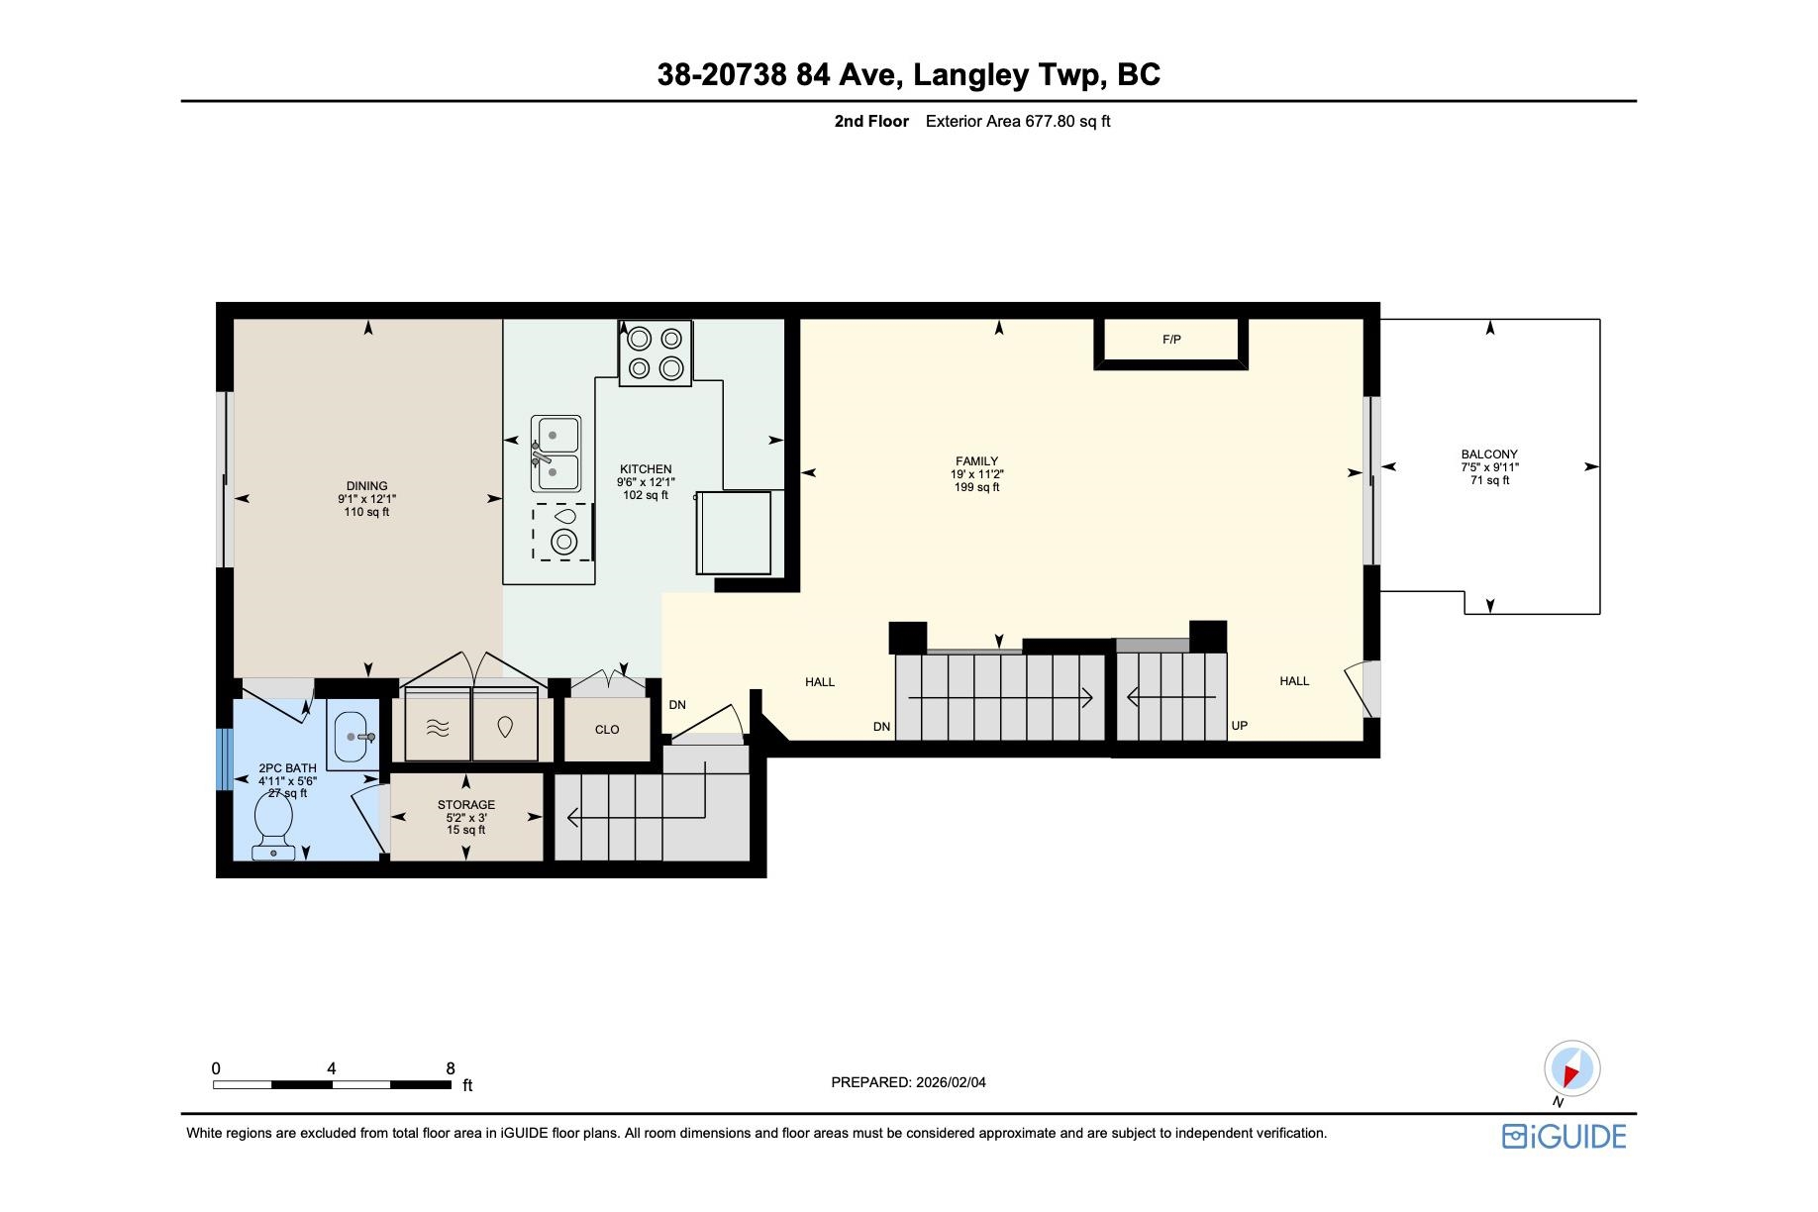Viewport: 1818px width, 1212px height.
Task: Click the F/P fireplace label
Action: pyautogui.click(x=1171, y=340)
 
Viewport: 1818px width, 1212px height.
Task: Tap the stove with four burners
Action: pyautogui.click(x=656, y=353)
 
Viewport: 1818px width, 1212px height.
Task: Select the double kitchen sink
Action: pyautogui.click(x=555, y=454)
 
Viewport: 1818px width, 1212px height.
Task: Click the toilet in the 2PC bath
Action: pyautogui.click(x=273, y=827)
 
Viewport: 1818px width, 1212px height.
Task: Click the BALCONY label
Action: pyautogui.click(x=1489, y=454)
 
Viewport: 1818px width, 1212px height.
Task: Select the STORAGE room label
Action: pyautogui.click(x=466, y=805)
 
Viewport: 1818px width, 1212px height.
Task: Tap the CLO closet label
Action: pyautogui.click(x=607, y=730)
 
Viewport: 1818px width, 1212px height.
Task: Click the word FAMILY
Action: pyautogui.click(x=976, y=461)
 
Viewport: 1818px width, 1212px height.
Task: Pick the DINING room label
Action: pyautogui.click(x=366, y=486)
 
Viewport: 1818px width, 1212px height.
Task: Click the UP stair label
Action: pyautogui.click(x=1240, y=726)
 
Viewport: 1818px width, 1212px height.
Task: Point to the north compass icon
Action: pyautogui.click(x=1571, y=1070)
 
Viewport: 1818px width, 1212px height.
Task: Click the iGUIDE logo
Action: pyautogui.click(x=1565, y=1136)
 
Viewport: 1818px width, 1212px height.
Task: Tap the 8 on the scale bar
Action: pyautogui.click(x=451, y=1068)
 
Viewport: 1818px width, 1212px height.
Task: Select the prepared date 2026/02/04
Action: pyautogui.click(x=951, y=1082)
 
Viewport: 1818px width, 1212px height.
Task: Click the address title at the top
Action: pyautogui.click(x=909, y=74)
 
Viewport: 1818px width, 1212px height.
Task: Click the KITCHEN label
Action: pyautogui.click(x=646, y=469)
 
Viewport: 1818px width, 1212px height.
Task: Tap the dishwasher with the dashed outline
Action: pyautogui.click(x=563, y=532)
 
